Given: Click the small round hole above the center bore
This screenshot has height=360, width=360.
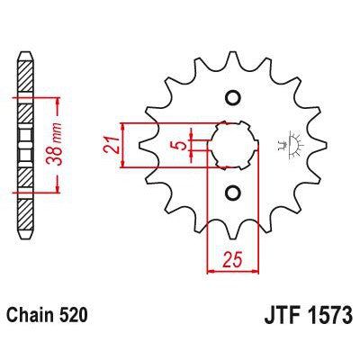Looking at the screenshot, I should [x=231, y=98].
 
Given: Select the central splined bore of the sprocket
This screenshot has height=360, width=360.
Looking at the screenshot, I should [x=232, y=144].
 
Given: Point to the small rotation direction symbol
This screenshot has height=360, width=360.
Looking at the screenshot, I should [x=289, y=145].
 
